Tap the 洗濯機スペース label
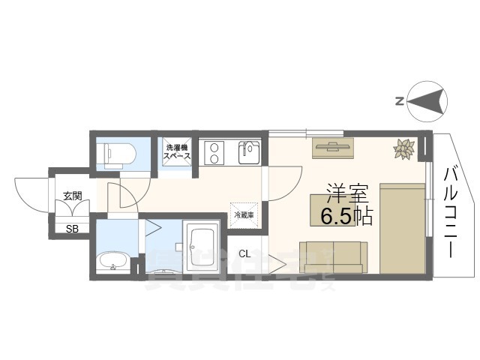tap(178, 151)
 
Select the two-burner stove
tap(214, 152)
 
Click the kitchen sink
tap(248, 152)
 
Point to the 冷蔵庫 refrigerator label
tap(244, 214)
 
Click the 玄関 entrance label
tap(73, 196)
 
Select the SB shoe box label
tap(72, 229)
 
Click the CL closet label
tap(244, 253)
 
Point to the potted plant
tap(404, 150)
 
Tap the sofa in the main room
tap(331, 257)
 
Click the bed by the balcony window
tap(402, 227)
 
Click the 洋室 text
tap(346, 191)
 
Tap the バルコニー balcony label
tap(451, 213)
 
